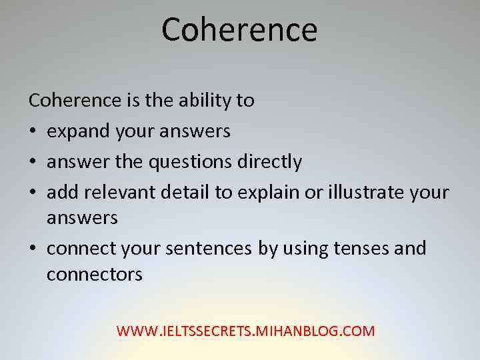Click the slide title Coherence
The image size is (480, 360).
click(239, 30)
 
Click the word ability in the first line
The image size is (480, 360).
click(205, 101)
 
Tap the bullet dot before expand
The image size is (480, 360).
click(33, 131)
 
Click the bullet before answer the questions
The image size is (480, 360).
click(33, 162)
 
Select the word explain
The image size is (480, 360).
click(267, 193)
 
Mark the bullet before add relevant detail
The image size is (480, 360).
click(33, 193)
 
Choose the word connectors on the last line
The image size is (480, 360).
click(95, 274)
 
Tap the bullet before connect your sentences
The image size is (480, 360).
click(33, 249)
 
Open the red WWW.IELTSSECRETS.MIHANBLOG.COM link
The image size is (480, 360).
click(246, 331)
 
